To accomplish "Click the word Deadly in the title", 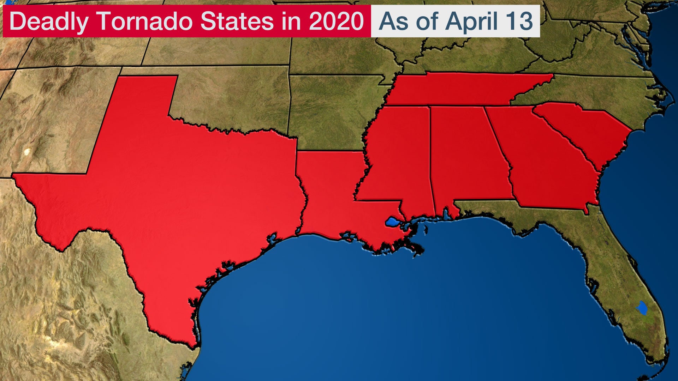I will coord(48,21).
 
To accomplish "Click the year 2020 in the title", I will coord(336,21).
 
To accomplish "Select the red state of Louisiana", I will coord(328,198).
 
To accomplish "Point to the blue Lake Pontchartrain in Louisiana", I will coord(392,222).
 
